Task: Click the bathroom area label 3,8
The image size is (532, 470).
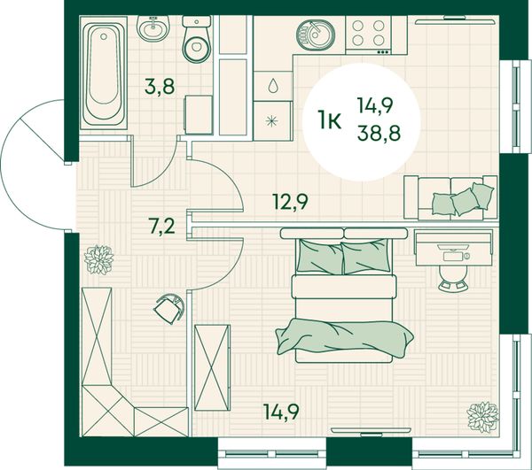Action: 160,86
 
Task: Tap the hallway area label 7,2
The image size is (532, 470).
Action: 162,226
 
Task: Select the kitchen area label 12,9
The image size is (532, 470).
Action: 291,202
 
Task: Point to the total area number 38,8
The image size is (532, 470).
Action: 379,133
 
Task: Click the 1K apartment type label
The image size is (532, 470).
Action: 330,120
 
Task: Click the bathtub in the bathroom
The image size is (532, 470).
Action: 104,73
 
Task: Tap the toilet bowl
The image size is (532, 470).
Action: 197,39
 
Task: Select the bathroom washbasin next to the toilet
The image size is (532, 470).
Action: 153,28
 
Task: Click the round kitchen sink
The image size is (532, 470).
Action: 316,35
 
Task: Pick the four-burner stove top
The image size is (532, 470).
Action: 369,35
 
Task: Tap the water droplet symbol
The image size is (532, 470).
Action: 273,85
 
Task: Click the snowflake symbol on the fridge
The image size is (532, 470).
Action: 272,121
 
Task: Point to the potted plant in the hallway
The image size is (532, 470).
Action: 98,259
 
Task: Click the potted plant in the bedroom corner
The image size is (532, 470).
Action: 482,417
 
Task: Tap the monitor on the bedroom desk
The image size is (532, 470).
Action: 453,248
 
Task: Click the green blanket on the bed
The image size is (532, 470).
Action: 344,337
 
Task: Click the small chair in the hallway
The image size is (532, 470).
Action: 169,309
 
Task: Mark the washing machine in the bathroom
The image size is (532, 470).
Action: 199,115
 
